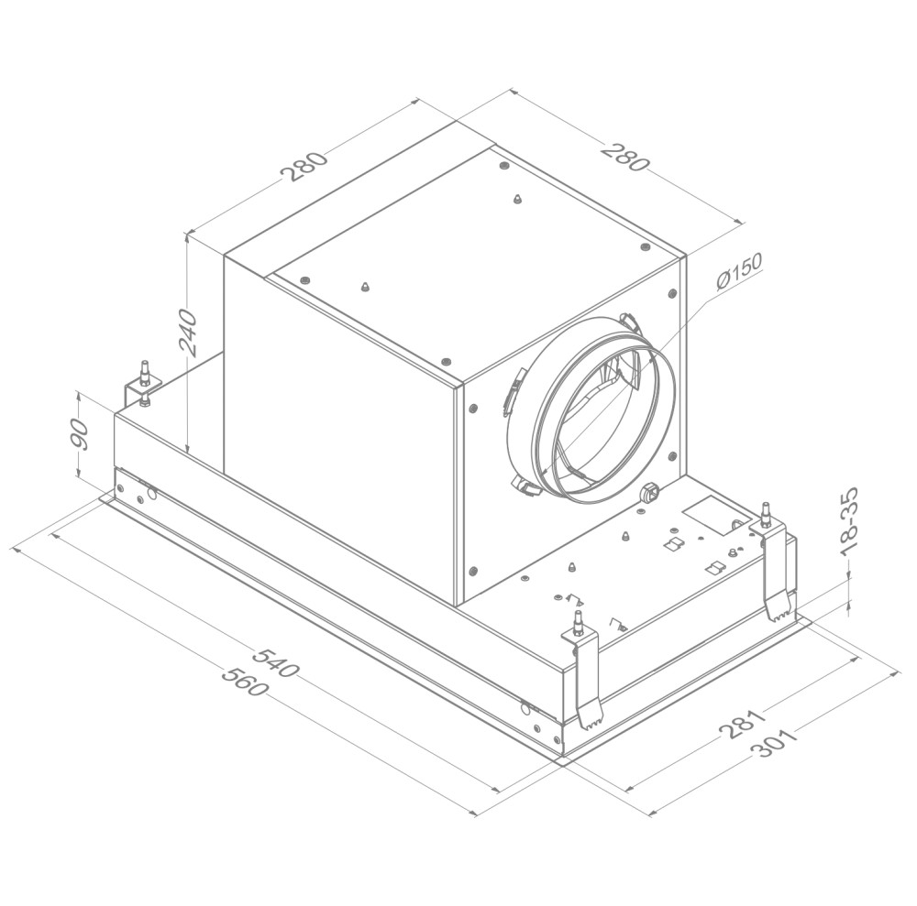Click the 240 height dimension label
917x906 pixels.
[188, 333]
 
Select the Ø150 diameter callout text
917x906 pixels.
[739, 272]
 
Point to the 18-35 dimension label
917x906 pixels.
[847, 521]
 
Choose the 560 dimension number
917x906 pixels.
[245, 680]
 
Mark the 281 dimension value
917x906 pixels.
[742, 724]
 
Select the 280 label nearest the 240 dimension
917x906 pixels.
[304, 167]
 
